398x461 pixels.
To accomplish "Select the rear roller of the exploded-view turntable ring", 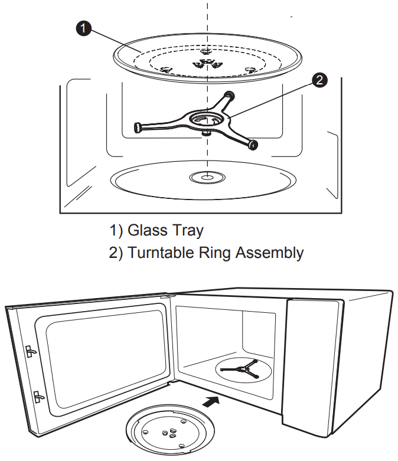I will pyautogui.click(x=229, y=94).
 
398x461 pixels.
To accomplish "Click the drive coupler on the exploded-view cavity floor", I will pyautogui.click(x=204, y=176).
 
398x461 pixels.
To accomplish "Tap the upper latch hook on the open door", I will pyautogui.click(x=29, y=351).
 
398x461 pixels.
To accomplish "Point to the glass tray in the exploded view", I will pyautogui.click(x=207, y=58).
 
